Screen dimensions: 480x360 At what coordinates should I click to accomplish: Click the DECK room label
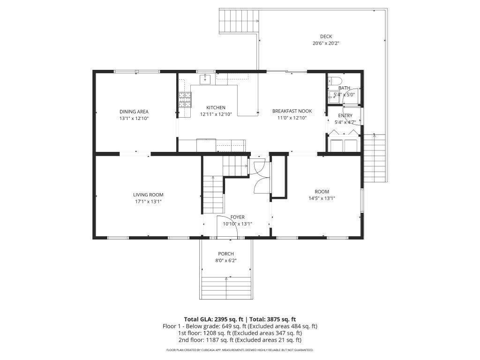point(326,37)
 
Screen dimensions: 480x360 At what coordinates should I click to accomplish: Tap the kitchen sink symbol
point(205,79)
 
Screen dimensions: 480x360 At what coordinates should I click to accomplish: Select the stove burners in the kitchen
point(185,100)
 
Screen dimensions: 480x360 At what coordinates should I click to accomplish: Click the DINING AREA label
point(134,112)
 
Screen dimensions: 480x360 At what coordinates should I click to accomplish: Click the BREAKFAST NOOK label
point(292,111)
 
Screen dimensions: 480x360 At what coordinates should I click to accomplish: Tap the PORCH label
point(226,254)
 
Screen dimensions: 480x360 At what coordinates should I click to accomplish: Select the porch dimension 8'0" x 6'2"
point(226,261)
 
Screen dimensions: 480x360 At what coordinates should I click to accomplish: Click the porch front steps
point(226,288)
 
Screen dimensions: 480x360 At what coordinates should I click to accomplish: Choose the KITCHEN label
point(216,107)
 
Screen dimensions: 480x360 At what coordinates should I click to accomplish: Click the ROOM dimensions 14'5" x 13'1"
point(322,198)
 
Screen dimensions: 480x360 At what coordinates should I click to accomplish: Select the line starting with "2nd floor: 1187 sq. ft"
point(240,340)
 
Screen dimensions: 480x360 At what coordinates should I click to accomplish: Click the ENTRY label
point(345,115)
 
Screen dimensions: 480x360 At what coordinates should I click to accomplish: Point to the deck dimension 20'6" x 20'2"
point(326,44)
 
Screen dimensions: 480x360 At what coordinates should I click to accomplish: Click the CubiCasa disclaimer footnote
point(240,350)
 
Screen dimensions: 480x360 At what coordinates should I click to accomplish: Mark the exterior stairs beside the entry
point(374,158)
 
